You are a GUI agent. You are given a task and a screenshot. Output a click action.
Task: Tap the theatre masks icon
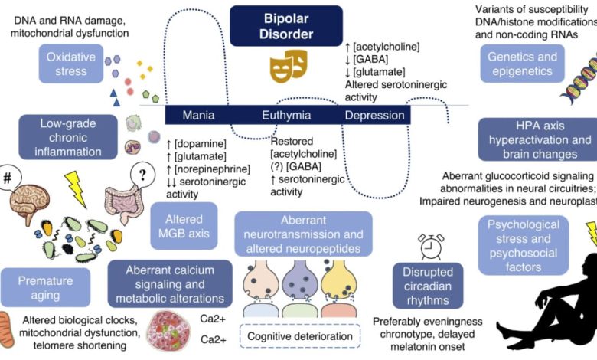(x=286, y=67)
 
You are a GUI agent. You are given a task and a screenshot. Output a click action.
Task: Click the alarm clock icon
(x=431, y=247)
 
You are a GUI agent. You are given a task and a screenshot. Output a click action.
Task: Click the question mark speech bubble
(x=142, y=175)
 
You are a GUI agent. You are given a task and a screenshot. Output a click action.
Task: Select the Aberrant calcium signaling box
(x=171, y=283)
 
